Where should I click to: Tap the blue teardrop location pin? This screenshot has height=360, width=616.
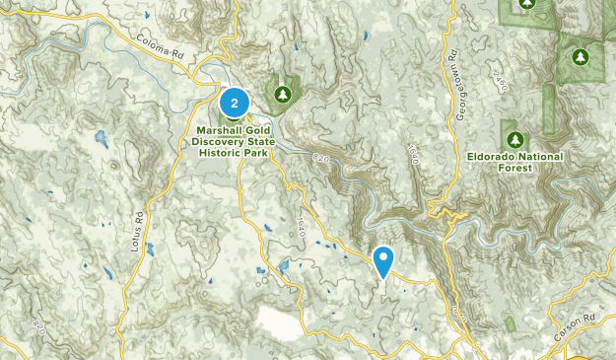382,260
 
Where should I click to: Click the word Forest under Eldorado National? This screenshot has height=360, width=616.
515,169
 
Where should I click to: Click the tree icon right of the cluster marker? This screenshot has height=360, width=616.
284,94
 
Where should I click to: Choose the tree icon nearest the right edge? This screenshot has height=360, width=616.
582,56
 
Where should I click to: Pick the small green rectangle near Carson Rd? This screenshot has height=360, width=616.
510,324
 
